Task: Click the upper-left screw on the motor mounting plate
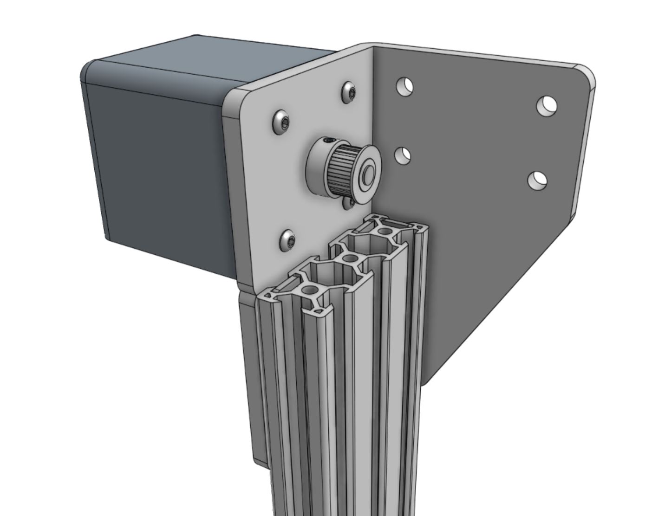coord(281,123)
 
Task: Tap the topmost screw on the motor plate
coord(350,90)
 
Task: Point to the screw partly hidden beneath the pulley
coord(349,202)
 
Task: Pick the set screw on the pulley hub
coord(328,140)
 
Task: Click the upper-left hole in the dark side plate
coord(404,86)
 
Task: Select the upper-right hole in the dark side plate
coord(547,105)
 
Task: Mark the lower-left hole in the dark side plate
coord(403,155)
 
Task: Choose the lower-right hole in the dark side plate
coord(537,180)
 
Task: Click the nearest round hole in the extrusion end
coord(308,290)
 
